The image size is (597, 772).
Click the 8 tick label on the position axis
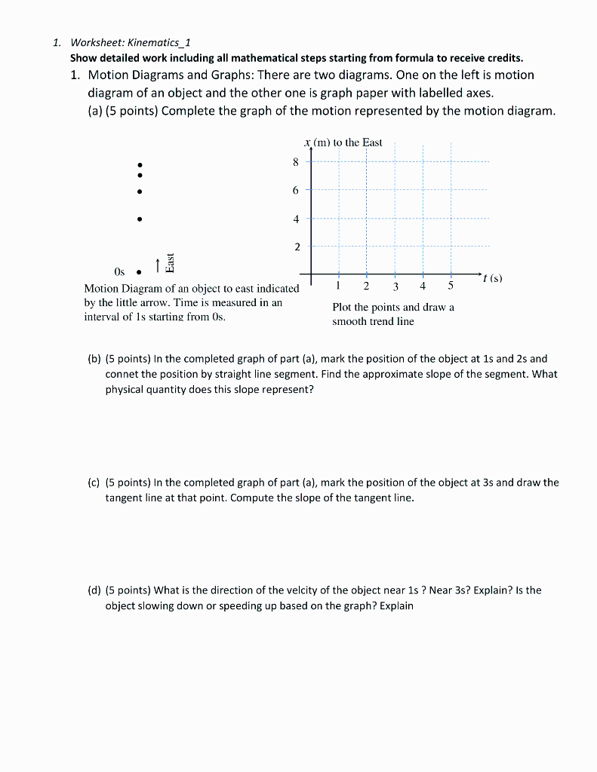click(296, 162)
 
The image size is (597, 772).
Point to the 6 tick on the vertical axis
click(296, 191)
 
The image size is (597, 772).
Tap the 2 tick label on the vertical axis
click(296, 247)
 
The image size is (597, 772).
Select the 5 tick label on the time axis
click(451, 286)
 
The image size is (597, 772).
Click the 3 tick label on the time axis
click(395, 286)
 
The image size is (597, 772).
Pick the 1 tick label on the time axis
click(339, 286)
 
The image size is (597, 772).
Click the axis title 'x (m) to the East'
click(343, 142)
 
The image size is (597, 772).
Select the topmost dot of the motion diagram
click(139, 165)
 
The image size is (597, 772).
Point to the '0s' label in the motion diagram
click(119, 272)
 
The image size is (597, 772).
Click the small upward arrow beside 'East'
click(157, 265)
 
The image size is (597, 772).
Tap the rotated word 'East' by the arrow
click(170, 262)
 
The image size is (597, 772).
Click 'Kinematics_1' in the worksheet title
click(162, 42)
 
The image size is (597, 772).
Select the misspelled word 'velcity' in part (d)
click(324, 590)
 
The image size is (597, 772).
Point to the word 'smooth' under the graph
click(349, 321)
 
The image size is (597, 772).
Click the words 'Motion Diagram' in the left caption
click(117, 289)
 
